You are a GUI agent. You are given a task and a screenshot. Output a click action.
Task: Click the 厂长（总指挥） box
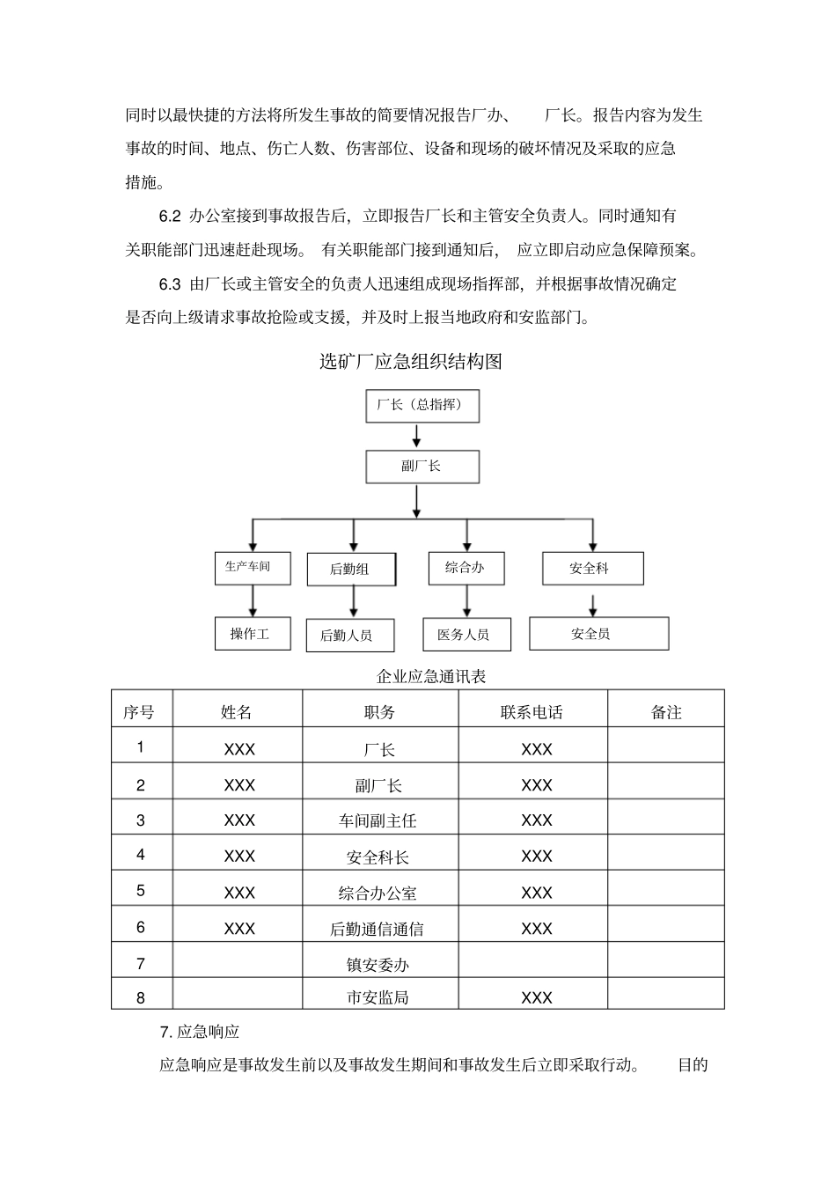point(422,406)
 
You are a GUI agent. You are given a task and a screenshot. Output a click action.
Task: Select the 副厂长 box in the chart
point(422,467)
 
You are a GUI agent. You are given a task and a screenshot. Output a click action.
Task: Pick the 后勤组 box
point(350,570)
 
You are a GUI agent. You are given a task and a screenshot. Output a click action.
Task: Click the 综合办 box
point(466,568)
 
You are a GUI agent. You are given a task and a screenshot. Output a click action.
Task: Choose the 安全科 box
point(592,569)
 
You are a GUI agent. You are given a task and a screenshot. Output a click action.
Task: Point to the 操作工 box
point(252,634)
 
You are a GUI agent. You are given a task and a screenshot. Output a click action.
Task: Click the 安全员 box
point(598,634)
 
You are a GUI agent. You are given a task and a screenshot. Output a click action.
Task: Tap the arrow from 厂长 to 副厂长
point(417,437)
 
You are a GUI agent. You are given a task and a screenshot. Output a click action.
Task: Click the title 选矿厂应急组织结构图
point(410,362)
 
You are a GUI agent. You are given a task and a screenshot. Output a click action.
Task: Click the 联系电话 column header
point(532,712)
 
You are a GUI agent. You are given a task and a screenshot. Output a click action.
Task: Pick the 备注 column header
point(665,712)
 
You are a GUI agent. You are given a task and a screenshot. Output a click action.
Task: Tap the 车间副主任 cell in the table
point(379,820)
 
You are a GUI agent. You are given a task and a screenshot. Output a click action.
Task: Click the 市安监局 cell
point(379,997)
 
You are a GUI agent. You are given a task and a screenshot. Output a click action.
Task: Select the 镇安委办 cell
point(379,965)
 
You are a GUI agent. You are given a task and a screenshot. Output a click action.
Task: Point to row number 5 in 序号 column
point(141,891)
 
